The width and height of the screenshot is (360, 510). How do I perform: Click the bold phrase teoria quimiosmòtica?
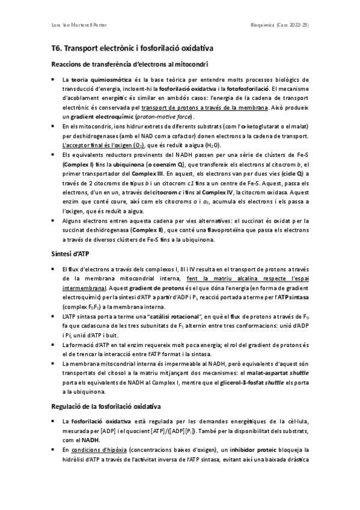point(93,79)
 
